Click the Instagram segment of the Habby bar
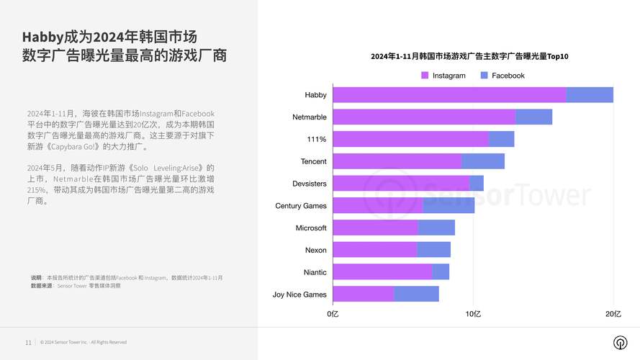click(x=449, y=95)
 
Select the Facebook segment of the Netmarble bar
click(x=533, y=117)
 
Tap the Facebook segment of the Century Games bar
click(x=449, y=206)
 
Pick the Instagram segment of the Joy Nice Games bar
click(x=364, y=294)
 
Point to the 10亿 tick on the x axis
click(x=473, y=314)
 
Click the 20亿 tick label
click(x=613, y=314)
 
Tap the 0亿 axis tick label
click(x=333, y=314)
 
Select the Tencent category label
click(x=313, y=161)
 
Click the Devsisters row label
click(x=309, y=184)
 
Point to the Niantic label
click(x=315, y=272)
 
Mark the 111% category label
click(x=317, y=139)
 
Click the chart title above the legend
click(x=469, y=56)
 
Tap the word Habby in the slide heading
click(x=42, y=36)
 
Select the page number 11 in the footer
click(x=28, y=342)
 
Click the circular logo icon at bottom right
click(x=619, y=342)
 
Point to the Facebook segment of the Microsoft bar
click(x=436, y=228)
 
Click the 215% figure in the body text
click(x=37, y=190)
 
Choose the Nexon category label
click(x=315, y=250)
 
